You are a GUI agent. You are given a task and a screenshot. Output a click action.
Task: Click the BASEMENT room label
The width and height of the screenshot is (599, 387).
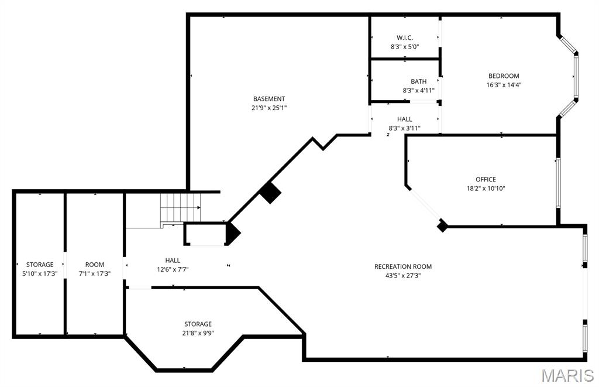(269, 99)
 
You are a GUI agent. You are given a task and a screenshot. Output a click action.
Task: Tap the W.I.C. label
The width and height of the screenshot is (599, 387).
(405, 37)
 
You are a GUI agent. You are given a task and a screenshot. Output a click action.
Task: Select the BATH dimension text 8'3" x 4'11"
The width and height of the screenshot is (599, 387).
(418, 91)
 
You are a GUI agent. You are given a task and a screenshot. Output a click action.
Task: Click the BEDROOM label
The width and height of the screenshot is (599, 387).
(504, 76)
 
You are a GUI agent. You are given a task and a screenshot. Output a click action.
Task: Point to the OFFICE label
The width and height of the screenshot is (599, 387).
(486, 179)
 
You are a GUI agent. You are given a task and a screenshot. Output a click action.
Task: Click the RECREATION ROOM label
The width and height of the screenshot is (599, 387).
(403, 266)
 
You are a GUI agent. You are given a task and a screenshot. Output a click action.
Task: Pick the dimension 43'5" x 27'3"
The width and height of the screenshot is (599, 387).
(403, 275)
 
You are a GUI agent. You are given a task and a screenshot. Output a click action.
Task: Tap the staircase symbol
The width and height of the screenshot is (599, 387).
(180, 207)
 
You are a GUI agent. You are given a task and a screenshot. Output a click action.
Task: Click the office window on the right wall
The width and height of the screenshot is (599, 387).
(558, 182)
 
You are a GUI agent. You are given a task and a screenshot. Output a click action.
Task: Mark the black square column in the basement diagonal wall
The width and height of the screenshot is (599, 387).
(270, 192)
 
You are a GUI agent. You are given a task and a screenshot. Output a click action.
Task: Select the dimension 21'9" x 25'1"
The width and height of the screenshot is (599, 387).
(269, 108)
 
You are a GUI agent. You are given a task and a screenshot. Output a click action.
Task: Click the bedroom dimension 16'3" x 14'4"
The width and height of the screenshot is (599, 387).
(504, 84)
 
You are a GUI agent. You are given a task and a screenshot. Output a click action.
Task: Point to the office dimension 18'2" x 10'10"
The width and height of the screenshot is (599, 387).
(486, 189)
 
